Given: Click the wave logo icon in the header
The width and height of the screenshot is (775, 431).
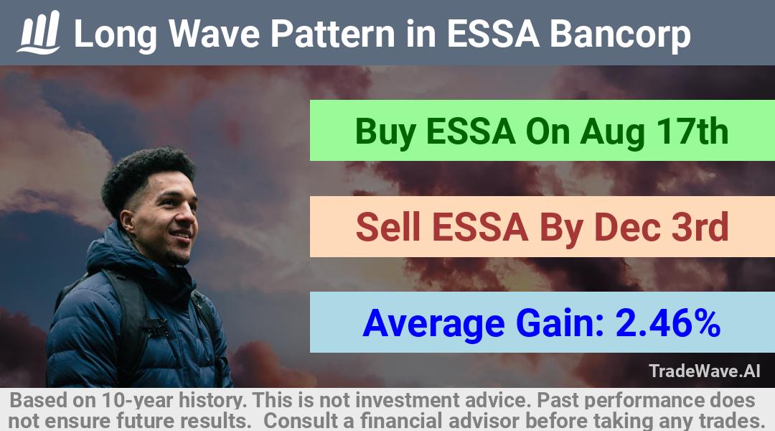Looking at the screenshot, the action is (x=39, y=32).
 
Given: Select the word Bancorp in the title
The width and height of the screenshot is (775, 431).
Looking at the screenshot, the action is (x=620, y=34).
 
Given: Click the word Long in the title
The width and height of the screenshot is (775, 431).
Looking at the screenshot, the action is (x=116, y=34).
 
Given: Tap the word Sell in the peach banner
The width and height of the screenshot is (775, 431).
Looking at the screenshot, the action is (x=388, y=226).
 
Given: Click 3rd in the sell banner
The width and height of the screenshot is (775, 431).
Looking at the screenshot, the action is (x=700, y=226).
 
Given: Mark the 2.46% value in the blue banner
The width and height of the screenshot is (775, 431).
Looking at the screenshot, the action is (x=668, y=323).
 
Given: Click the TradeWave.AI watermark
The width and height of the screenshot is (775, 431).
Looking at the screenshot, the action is (x=705, y=371).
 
